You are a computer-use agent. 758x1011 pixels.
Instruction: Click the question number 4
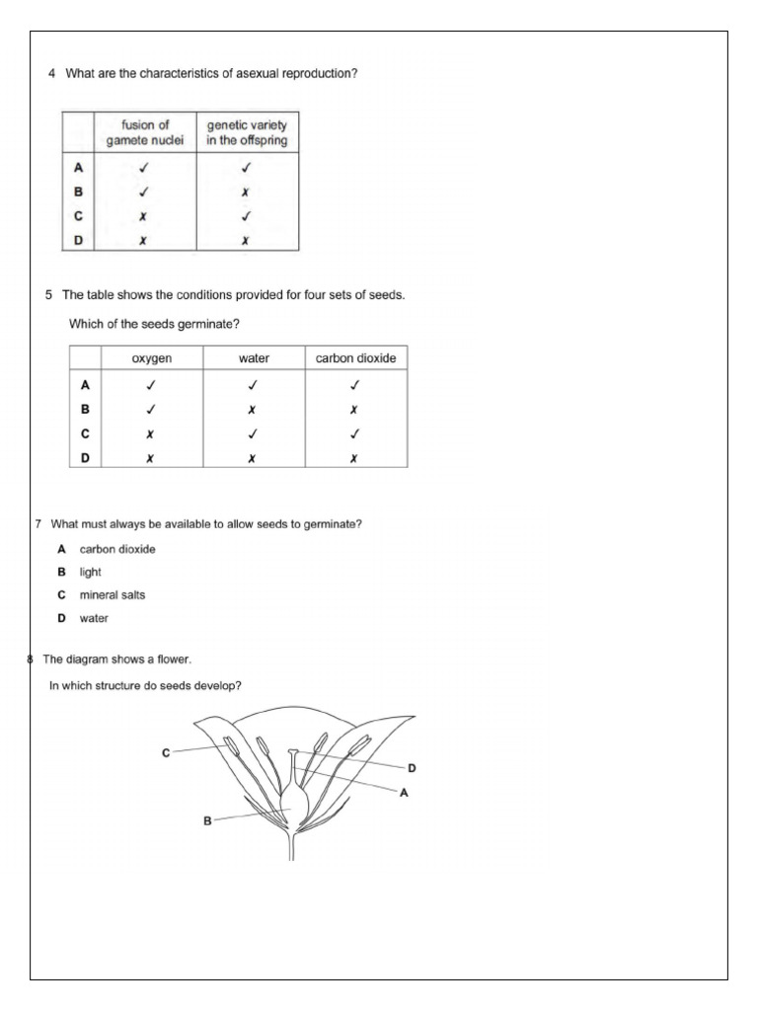pos(51,74)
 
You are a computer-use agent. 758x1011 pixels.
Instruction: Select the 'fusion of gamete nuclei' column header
pos(145,132)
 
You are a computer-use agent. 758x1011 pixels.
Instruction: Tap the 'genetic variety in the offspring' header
pos(247,132)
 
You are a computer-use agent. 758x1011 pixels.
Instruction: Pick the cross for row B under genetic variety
pos(246,193)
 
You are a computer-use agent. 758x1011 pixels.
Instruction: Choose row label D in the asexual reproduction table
pos(78,240)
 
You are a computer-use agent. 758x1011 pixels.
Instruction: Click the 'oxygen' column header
pos(152,358)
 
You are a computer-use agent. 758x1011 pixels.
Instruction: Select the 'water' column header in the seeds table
pos(254,358)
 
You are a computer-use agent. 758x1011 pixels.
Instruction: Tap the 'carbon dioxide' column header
pos(355,358)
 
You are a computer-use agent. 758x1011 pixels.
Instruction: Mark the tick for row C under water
pos(254,433)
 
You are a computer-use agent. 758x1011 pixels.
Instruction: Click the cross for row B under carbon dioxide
pos(354,409)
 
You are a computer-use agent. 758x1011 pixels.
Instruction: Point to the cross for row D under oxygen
pos(150,458)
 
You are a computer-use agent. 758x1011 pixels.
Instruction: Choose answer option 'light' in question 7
pos(91,572)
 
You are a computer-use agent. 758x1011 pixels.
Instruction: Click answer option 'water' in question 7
pos(95,618)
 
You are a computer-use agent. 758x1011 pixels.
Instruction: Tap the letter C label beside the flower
pos(166,752)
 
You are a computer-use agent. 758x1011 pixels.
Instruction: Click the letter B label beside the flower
pos(207,819)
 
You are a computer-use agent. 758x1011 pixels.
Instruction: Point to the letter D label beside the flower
pos(412,767)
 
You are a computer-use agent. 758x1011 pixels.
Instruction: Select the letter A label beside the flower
pos(404,792)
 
